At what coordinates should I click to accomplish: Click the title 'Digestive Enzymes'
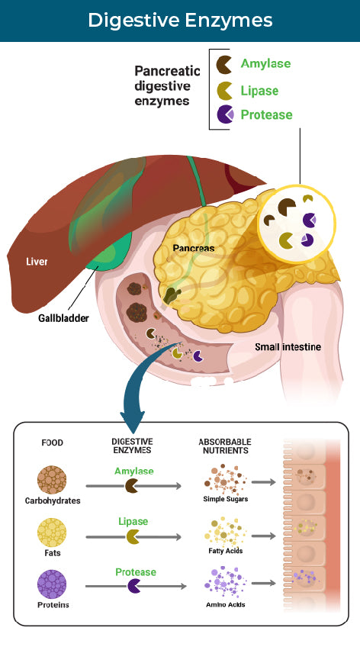click(180, 20)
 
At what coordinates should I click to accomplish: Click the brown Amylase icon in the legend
click(225, 64)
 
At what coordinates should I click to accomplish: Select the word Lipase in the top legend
click(259, 91)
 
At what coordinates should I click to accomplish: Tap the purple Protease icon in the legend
click(225, 114)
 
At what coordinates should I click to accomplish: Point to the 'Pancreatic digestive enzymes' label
click(167, 84)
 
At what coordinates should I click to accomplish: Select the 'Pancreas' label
click(193, 249)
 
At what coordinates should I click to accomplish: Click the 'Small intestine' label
click(288, 347)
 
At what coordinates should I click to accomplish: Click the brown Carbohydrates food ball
click(51, 481)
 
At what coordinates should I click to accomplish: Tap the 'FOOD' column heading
click(52, 442)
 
